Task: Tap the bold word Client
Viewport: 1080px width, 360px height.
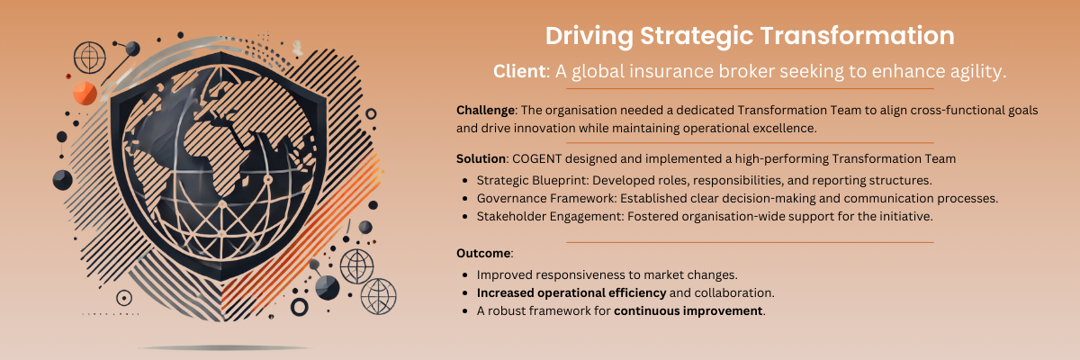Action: click(518, 71)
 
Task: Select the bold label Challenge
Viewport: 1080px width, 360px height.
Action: click(485, 111)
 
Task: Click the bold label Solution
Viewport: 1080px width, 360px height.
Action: click(481, 158)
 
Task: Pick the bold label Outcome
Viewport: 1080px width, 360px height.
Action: click(483, 253)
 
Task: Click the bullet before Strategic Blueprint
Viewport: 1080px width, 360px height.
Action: click(464, 181)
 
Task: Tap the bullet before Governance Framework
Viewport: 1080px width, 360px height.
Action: click(464, 199)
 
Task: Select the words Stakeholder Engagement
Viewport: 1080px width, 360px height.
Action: click(549, 216)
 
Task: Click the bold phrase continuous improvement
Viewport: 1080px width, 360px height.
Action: click(688, 310)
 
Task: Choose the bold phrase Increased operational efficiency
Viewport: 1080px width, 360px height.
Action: click(571, 293)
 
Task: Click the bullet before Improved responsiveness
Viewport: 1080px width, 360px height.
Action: click(464, 275)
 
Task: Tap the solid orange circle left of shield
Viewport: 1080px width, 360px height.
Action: click(85, 93)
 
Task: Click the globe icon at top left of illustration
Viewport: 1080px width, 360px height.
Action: click(90, 58)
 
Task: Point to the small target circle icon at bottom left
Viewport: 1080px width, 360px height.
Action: click(124, 298)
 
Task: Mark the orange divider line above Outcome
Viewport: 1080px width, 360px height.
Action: click(750, 242)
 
